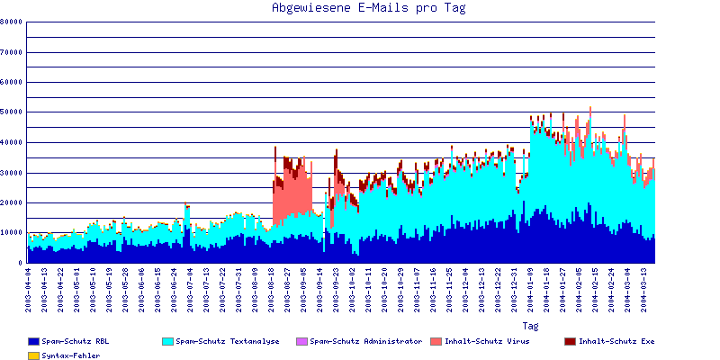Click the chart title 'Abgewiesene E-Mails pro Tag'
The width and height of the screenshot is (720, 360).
(369, 8)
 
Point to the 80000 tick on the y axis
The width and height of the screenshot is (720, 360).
(12, 22)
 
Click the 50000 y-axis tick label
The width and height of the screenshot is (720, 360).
(12, 112)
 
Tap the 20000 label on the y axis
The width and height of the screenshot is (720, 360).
(12, 202)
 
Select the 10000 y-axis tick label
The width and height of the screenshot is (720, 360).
(12, 232)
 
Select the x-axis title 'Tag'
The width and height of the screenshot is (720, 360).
(530, 325)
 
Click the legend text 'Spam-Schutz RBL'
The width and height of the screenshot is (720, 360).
(76, 341)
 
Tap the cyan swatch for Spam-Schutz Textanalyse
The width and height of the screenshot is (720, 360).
(167, 342)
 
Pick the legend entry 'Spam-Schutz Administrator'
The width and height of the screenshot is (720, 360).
(365, 341)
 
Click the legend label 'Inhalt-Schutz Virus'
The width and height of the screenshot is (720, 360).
(487, 341)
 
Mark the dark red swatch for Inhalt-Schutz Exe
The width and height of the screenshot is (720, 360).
(570, 342)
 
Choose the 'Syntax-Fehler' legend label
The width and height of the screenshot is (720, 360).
(71, 355)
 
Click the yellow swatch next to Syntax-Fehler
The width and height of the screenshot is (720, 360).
(33, 355)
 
